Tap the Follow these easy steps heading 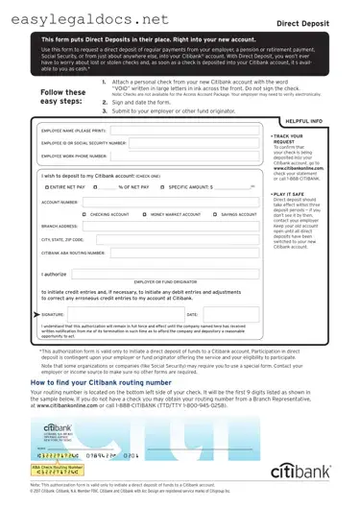click(x=64, y=95)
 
